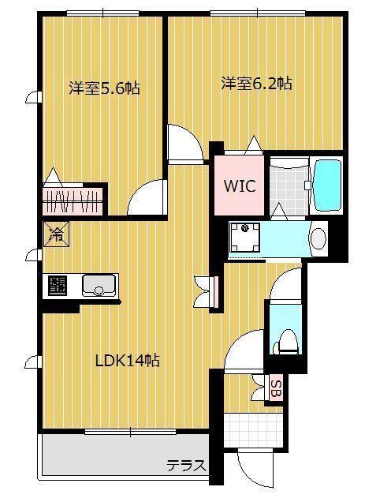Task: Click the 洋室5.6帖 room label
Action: [x=104, y=88]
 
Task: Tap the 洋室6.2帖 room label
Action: [x=257, y=82]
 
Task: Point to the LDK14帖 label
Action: [x=128, y=360]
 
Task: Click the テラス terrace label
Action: [x=185, y=465]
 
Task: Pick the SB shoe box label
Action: [x=275, y=388]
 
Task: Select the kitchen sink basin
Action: [x=99, y=285]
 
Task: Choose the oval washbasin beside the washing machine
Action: [x=318, y=238]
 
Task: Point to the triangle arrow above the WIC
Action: [x=253, y=144]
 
